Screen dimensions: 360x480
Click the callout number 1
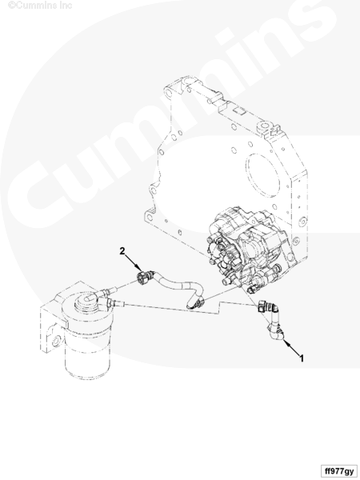[x=302, y=358]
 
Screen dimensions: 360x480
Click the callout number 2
[x=122, y=251]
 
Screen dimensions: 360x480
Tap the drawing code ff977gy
[x=339, y=471]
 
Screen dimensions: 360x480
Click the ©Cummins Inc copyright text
[x=40, y=5]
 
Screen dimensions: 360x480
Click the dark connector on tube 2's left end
[x=142, y=277]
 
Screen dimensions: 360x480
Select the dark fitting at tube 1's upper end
[x=261, y=307]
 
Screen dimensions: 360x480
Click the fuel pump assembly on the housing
[x=245, y=248]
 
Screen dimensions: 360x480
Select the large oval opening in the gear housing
[x=262, y=176]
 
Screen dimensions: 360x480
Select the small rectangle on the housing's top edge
[x=238, y=110]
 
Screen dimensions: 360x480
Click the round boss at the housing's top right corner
[x=266, y=126]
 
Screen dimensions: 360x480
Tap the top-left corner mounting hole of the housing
[x=168, y=93]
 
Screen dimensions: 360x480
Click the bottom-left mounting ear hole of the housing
[x=149, y=217]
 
